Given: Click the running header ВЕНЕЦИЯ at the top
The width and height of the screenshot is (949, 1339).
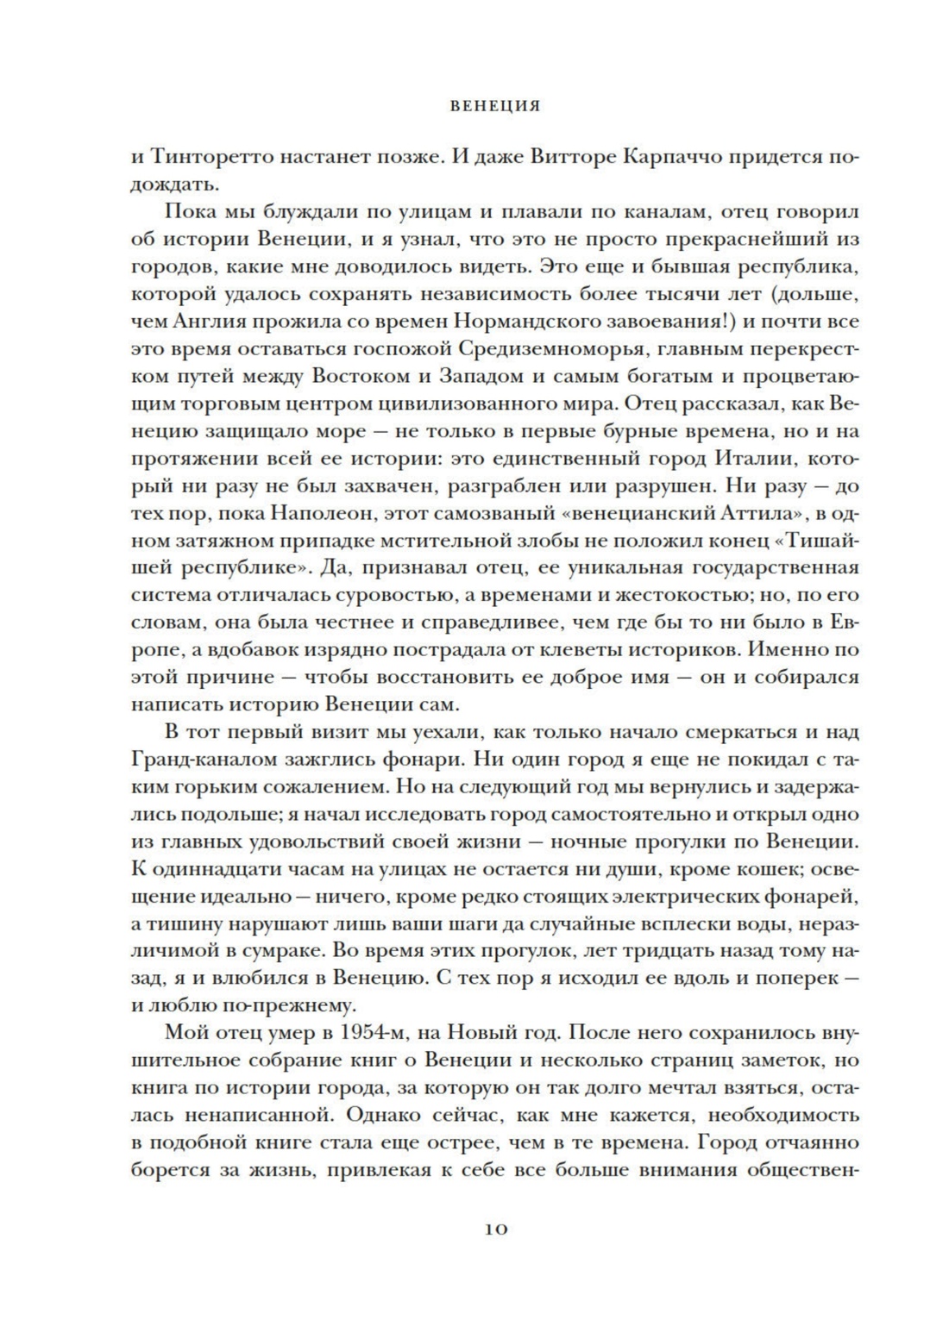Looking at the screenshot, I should [x=494, y=107].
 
